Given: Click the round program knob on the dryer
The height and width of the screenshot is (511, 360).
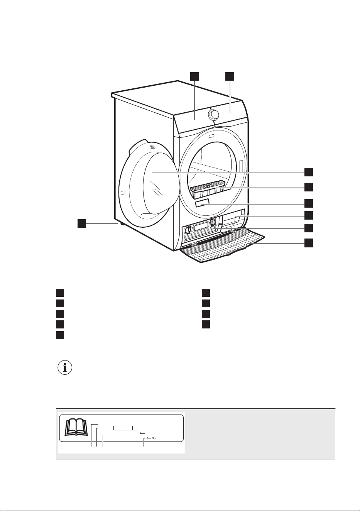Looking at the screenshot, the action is point(213,115).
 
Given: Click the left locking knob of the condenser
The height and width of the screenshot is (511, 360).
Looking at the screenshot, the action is point(188,230).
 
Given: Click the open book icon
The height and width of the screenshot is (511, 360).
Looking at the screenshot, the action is point(76,426).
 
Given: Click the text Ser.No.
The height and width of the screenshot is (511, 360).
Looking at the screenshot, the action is point(152,438).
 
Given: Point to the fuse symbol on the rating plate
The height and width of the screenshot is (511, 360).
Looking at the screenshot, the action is point(143,433).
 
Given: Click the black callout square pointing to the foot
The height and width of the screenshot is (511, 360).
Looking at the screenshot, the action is point(82,223).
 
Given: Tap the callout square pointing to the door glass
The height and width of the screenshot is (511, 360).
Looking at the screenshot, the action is point(308,172).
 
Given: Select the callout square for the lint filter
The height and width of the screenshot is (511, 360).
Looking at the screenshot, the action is point(308,187).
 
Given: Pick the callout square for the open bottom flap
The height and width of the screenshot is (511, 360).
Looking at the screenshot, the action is point(308,243).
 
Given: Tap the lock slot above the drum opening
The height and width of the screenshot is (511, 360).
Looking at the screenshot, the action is point(211,136).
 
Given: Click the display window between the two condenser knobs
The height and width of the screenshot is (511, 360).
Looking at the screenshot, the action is point(201,226).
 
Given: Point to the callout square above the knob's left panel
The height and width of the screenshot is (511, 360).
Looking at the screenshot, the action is point(194,76).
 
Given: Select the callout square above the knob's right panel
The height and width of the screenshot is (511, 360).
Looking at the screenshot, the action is point(230,76).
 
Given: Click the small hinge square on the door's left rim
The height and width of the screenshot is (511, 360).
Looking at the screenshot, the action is point(122,193).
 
